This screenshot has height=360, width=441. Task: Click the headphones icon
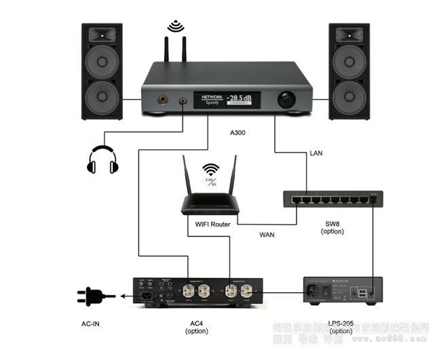[x=102, y=160]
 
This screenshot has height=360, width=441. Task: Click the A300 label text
[x=237, y=133]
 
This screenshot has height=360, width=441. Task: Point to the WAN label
[x=267, y=235]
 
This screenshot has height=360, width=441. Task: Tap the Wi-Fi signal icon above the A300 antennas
[x=176, y=27]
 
